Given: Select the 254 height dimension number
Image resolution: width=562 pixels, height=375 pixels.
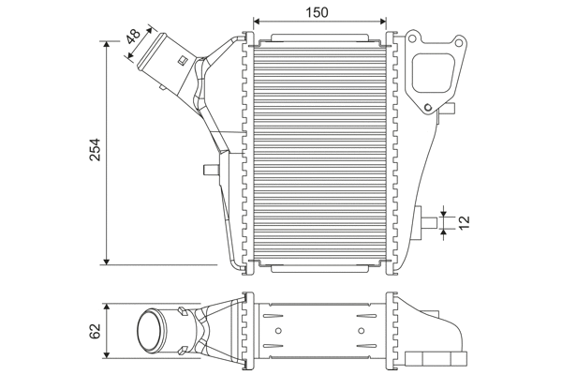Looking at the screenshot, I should (x=95, y=153).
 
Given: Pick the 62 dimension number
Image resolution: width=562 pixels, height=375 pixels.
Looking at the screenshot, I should (x=94, y=330).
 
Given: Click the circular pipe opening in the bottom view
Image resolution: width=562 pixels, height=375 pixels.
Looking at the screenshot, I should (x=150, y=331).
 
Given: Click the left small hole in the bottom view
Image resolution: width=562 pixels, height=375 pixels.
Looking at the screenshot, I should (x=276, y=330).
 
